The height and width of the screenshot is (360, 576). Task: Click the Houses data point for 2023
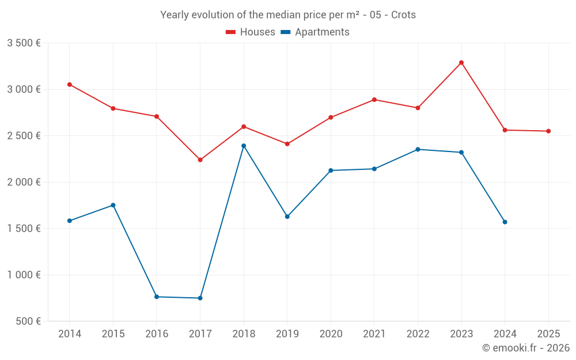(x=461, y=63)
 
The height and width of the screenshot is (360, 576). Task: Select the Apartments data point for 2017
(x=200, y=298)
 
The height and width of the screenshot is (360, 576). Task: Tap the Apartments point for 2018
(x=244, y=146)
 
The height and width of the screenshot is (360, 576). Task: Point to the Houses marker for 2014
(x=70, y=85)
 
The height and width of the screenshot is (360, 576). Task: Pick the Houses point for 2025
(x=548, y=131)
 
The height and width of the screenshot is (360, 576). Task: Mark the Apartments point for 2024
(x=505, y=222)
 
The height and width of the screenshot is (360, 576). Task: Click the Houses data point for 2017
(x=200, y=160)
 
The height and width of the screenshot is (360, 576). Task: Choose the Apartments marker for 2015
(x=113, y=205)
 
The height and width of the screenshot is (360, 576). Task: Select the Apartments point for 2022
(x=418, y=149)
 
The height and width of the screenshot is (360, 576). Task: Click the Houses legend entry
(x=251, y=32)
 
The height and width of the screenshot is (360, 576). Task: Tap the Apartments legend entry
(x=315, y=32)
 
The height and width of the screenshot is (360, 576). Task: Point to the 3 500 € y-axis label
(x=24, y=43)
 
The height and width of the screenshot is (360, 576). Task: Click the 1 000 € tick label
(x=24, y=275)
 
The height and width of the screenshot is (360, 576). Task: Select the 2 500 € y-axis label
(x=24, y=136)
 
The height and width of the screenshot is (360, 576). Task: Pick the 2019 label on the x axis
(x=287, y=334)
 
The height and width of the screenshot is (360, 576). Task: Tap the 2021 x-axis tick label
(x=374, y=334)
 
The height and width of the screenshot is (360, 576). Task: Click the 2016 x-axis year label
(x=157, y=334)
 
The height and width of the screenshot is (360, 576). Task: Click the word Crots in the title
(x=403, y=15)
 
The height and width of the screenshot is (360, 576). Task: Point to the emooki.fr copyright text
(x=526, y=348)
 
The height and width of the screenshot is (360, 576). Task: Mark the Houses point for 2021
(x=374, y=100)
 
